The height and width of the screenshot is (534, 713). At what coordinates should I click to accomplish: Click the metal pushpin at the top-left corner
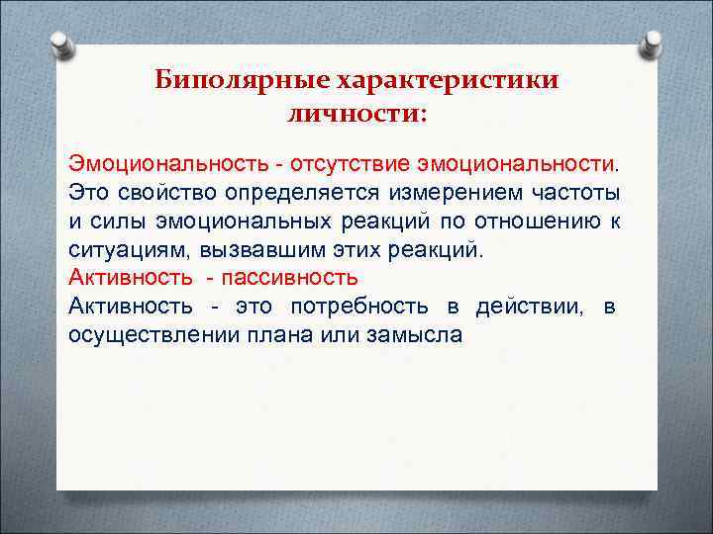click(58, 44)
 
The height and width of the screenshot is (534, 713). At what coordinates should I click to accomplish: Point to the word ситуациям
click(118, 248)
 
